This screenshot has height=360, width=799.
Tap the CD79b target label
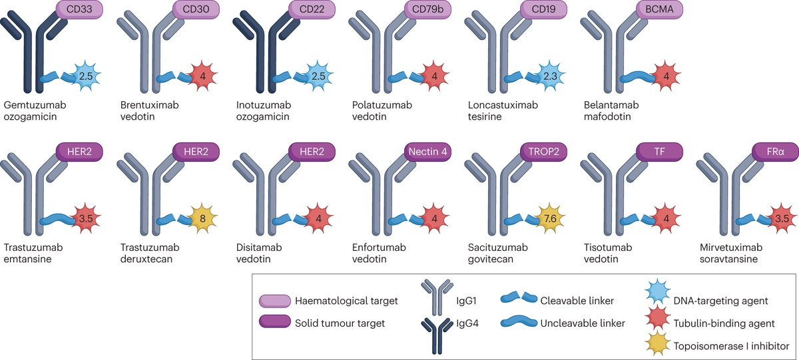click(427, 10)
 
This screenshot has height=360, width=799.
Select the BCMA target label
click(660, 10)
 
